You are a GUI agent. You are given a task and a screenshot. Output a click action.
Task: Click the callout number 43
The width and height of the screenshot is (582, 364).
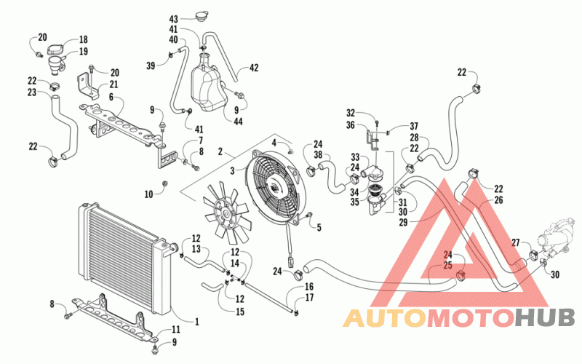click(x=174, y=19)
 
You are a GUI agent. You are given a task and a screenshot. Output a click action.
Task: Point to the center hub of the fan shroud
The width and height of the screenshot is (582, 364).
click(x=276, y=188)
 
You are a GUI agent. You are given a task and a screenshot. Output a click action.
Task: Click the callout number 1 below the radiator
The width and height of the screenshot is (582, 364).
click(x=196, y=322)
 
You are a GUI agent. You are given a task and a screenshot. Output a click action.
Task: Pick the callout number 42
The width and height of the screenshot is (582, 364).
click(x=254, y=68)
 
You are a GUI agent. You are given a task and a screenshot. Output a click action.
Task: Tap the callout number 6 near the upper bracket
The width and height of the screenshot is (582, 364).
click(x=111, y=97)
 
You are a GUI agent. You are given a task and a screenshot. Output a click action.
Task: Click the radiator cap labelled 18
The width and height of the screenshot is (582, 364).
click(x=56, y=50)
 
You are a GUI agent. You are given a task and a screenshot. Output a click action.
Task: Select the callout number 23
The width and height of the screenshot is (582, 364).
click(x=32, y=92)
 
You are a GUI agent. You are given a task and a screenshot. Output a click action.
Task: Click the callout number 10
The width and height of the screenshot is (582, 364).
click(x=148, y=194)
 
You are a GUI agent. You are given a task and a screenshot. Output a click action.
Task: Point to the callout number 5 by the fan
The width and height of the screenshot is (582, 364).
click(x=319, y=227)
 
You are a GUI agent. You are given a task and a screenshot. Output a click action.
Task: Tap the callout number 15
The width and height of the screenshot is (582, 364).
click(x=240, y=312)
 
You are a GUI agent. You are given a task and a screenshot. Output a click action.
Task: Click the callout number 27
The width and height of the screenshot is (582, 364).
click(x=516, y=243)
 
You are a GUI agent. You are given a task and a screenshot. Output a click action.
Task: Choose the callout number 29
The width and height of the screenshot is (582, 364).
click(x=403, y=222)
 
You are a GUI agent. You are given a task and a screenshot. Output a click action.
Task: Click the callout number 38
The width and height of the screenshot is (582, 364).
click(x=318, y=154)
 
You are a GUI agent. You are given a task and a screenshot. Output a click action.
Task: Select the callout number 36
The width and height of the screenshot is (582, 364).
click(x=351, y=124)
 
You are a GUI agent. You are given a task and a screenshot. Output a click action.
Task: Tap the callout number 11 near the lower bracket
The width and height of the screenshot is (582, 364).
click(x=175, y=330)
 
